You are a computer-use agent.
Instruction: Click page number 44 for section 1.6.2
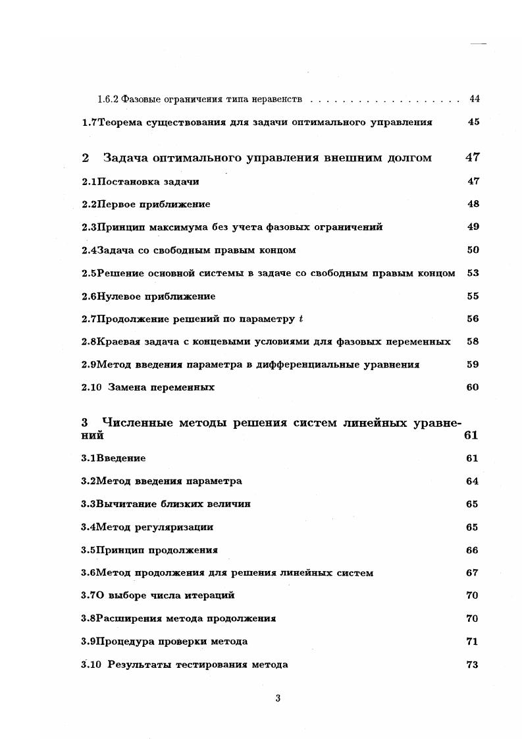click(474, 99)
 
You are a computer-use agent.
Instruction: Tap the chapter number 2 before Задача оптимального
click(85, 158)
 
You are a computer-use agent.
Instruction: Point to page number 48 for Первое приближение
click(473, 204)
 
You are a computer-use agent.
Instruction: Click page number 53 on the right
click(473, 273)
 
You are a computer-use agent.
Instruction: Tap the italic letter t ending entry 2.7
click(301, 319)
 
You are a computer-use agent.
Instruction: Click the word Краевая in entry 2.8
click(118, 342)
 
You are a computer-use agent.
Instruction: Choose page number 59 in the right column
click(473, 364)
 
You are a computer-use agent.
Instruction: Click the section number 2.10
click(91, 387)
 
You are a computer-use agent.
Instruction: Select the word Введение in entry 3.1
click(121, 458)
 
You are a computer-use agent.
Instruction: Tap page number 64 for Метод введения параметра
click(472, 481)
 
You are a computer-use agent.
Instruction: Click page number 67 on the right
click(472, 573)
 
